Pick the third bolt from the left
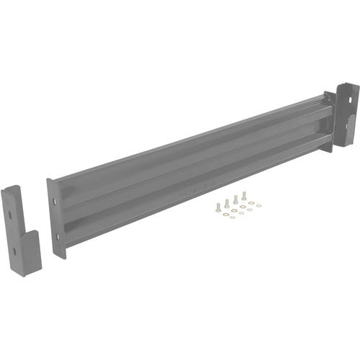pos(235,197)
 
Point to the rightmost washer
pos(258,205)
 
